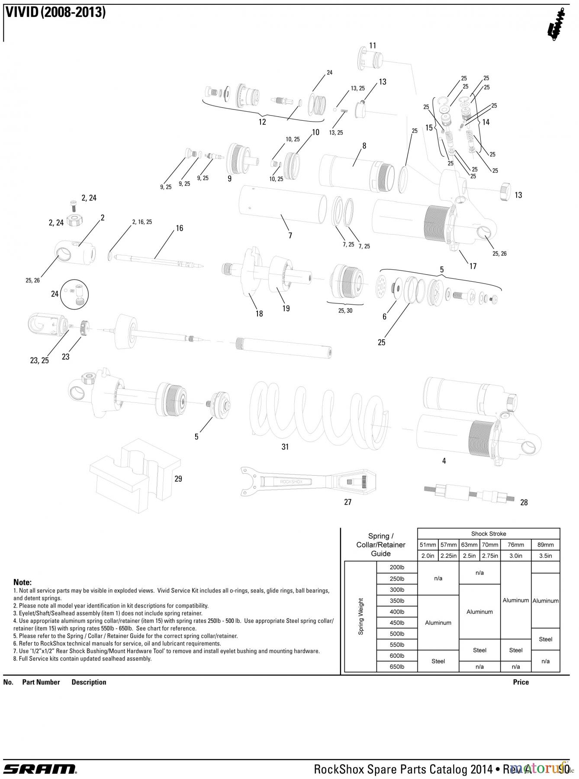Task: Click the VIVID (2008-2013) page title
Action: point(55,12)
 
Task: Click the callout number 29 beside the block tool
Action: point(178,479)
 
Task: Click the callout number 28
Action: point(524,502)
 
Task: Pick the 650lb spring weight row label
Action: point(397,667)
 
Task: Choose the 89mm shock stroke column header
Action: point(545,545)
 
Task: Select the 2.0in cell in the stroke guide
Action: point(428,556)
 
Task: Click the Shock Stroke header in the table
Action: point(489,534)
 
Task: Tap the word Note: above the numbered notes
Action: point(23,583)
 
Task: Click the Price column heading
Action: point(521,682)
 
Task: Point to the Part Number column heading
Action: point(41,682)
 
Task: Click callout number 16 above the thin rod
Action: point(180,228)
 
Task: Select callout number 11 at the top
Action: point(373,45)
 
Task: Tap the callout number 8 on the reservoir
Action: point(364,146)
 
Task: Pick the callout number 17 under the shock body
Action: point(473,266)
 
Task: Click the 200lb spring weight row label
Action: point(397,567)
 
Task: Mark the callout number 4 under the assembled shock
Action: point(444,461)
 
